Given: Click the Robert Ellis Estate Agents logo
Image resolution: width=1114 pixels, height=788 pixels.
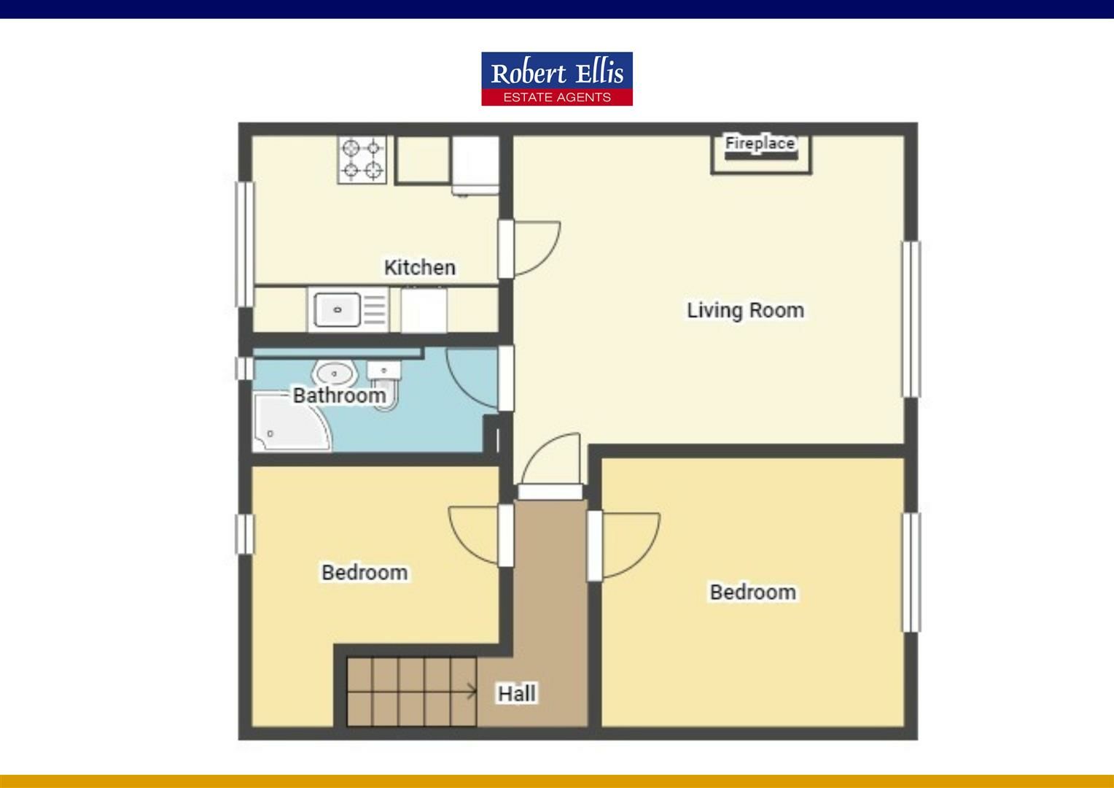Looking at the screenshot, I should coord(556,79).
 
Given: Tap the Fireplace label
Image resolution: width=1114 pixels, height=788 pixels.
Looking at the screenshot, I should coord(759,143).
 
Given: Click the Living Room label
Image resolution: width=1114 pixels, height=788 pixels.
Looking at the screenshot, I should coord(744,310).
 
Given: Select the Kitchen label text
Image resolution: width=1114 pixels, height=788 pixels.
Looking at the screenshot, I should coord(419,268).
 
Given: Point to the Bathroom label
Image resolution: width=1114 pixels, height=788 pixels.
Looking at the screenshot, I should coord(339,395).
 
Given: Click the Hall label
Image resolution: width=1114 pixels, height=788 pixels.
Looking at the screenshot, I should coord(517,693).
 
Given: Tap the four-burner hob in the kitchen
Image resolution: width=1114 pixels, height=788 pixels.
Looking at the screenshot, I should coord(362,160).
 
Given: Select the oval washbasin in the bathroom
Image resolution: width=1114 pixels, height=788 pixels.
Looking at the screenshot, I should coord(335,374).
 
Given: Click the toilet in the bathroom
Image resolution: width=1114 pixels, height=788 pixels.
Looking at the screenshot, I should coord(385,385).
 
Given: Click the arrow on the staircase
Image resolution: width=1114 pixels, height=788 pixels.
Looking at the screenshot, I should coord(470,690).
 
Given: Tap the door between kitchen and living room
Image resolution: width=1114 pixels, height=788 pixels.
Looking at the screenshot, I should coord(532,249).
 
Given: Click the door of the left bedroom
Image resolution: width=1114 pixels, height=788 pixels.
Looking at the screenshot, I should coord(475,536).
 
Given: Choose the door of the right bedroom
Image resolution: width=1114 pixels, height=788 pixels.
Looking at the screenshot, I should coord(627,545).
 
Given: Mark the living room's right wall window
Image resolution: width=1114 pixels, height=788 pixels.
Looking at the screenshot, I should coord(911,319).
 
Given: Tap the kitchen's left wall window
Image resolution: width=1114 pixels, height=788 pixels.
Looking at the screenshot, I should coord(244,244).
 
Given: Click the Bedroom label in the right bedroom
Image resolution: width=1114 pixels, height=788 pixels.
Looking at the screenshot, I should coord(752,592).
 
